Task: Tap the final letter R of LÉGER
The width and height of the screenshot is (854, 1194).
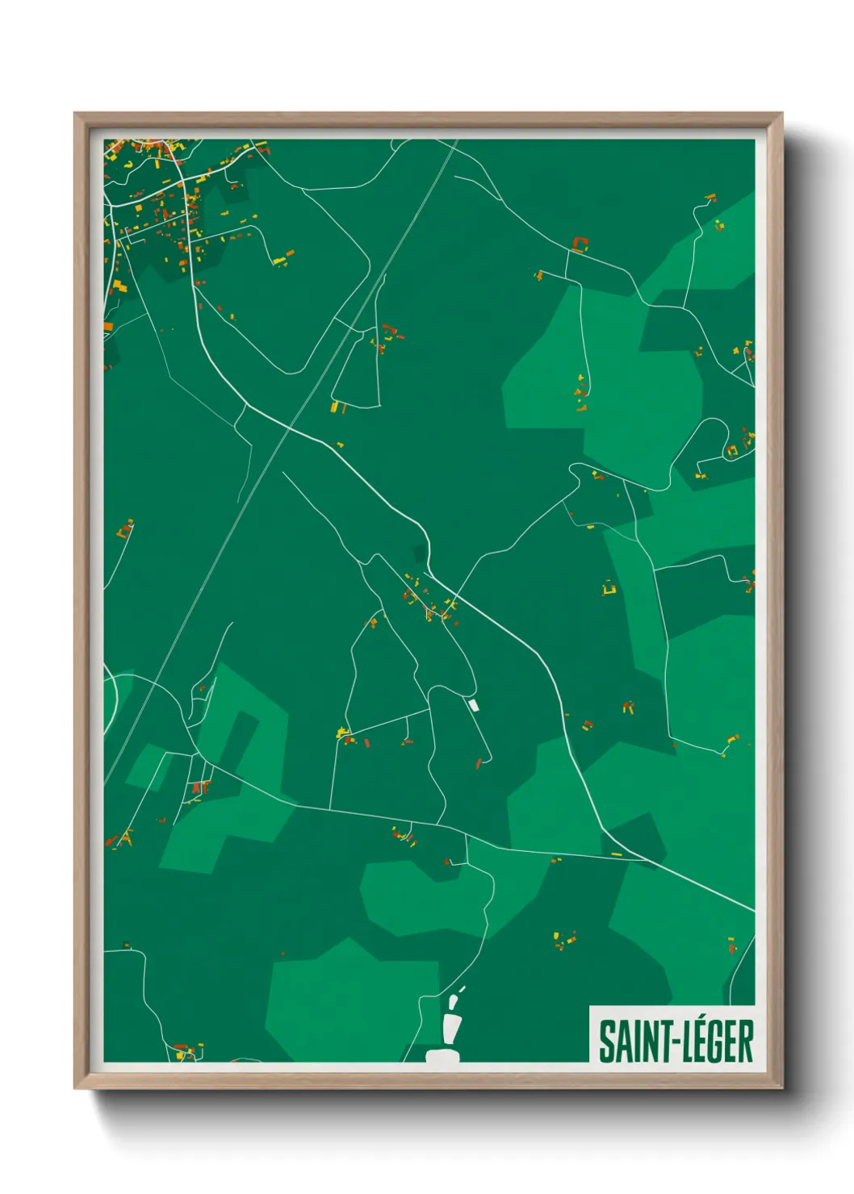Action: click(746, 1042)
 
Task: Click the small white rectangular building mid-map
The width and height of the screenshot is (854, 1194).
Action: click(474, 705)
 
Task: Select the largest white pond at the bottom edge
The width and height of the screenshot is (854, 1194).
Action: click(442, 1054)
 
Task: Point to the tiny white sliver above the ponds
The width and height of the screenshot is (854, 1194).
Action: click(462, 988)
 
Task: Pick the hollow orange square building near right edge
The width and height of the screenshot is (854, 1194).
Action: click(732, 450)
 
